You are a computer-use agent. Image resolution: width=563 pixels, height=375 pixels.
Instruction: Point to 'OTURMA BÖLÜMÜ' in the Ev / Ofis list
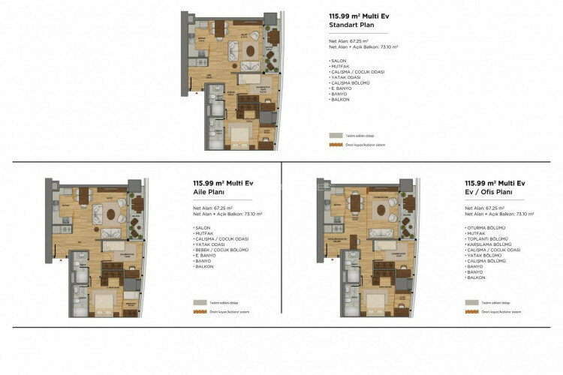486,226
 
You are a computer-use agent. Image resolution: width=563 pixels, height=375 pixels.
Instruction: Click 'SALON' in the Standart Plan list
338,60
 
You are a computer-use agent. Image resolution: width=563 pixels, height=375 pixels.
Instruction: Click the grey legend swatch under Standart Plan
336,135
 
